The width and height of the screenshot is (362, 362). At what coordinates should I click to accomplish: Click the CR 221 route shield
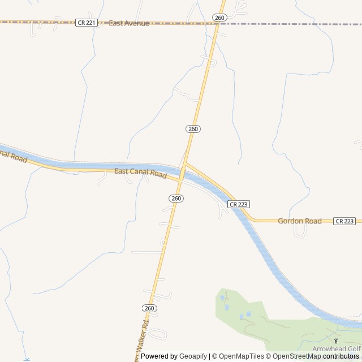coord(86,23)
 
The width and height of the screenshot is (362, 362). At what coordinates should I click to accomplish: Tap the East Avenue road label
coord(129,23)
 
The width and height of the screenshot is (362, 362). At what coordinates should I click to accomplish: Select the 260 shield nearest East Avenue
coord(220,18)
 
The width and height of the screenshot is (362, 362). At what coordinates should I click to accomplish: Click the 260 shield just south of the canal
coord(176,199)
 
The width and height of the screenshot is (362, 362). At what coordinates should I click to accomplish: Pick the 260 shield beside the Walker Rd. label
coord(149,308)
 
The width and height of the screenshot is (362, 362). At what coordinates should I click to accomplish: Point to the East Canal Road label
coord(140,173)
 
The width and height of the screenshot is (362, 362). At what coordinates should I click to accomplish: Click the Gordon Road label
coord(299,221)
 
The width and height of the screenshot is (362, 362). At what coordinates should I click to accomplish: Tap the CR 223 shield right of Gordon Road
coord(344,221)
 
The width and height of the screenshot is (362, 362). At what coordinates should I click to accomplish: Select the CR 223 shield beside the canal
coord(239,204)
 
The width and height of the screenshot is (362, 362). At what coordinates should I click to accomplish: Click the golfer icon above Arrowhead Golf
coord(336,341)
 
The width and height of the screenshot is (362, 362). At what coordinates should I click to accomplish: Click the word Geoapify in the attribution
coord(193,356)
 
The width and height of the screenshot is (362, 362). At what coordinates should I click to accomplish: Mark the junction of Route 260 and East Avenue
coord(218,24)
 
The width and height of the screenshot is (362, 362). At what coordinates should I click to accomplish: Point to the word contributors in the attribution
coord(341,356)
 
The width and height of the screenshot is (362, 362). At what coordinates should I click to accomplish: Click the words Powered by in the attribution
coord(159,356)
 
